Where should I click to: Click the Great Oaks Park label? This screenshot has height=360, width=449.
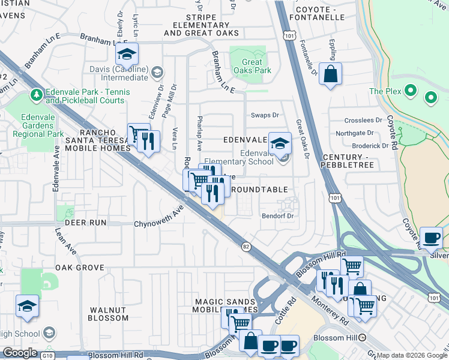click(252, 66)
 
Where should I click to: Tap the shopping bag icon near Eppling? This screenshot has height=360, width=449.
click(330, 75)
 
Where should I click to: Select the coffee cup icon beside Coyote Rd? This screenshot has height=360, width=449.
click(431, 238)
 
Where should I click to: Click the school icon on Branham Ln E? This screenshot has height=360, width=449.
click(127, 55)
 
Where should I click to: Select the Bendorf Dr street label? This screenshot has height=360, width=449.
click(277, 216)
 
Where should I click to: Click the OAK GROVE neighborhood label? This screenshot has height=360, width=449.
click(80, 268)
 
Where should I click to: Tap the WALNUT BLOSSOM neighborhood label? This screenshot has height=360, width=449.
click(109, 314)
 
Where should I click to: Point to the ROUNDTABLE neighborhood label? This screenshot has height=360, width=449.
click(259, 190)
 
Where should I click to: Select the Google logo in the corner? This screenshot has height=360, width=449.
click(20, 353)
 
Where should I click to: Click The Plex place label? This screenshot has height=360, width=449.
click(384, 91)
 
